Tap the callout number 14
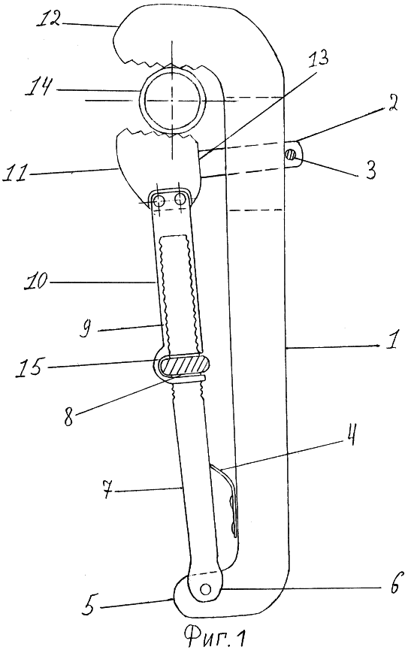(x=41, y=89)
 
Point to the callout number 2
(x=391, y=106)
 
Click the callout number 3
(x=370, y=169)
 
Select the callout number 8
(x=68, y=416)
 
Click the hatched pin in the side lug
(x=291, y=155)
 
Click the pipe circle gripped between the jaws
(x=173, y=100)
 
